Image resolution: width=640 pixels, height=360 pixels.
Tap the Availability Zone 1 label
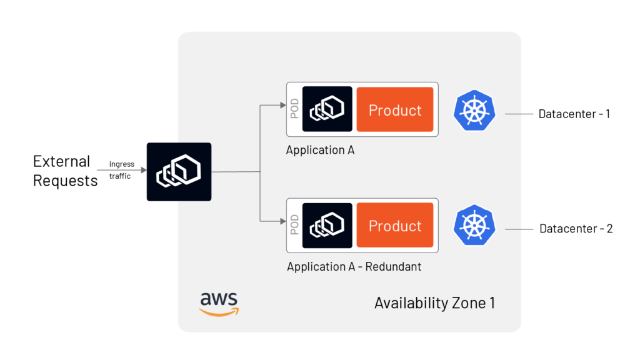[434, 303]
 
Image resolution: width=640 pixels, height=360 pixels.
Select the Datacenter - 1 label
[574, 114]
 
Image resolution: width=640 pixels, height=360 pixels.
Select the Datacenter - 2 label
[576, 229]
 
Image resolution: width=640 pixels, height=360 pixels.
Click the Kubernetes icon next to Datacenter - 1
[474, 110]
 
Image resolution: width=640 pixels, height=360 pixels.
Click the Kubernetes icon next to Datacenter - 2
[474, 225]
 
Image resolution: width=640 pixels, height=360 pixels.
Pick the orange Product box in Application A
[395, 109]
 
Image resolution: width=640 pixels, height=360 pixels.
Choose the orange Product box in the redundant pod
[395, 225]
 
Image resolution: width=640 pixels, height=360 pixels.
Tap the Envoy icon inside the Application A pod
[327, 109]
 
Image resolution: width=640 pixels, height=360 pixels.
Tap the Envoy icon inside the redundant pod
[327, 225]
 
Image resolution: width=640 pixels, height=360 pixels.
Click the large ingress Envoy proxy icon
[179, 172]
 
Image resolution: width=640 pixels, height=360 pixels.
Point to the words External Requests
[65, 171]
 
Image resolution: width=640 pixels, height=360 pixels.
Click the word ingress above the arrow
[121, 164]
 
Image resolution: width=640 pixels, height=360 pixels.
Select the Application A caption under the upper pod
[320, 150]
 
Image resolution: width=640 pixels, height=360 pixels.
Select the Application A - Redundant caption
[354, 267]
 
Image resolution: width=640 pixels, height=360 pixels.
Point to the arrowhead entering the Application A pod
[282, 105]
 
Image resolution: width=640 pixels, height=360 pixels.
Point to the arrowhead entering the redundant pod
[282, 221]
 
